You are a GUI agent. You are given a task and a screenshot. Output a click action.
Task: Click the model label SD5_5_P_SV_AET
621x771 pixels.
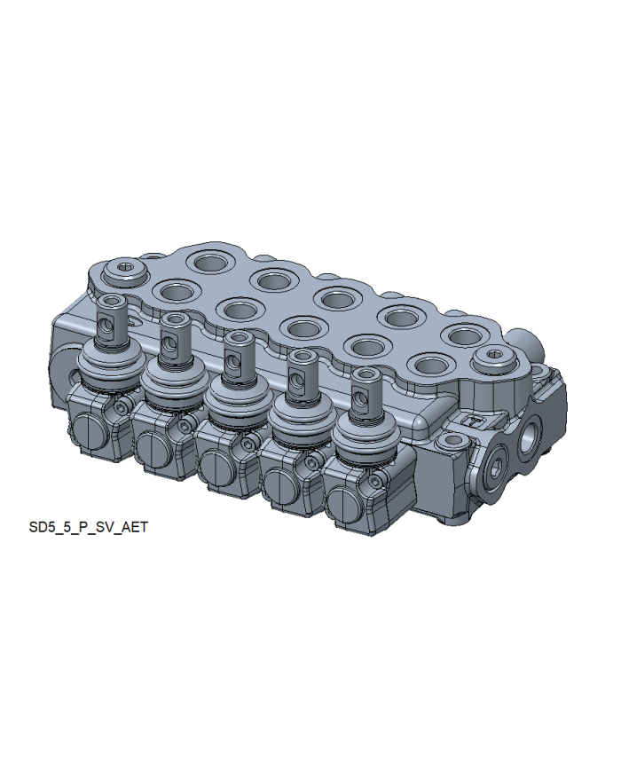tap(89, 527)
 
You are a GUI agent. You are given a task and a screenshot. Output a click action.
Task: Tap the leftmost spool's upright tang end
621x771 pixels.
tap(110, 319)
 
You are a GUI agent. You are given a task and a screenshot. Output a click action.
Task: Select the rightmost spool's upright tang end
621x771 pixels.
tap(366, 393)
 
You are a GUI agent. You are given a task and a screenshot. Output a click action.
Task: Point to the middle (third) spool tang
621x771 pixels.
tap(238, 356)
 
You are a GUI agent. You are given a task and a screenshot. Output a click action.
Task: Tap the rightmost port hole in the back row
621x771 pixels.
tap(464, 336)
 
